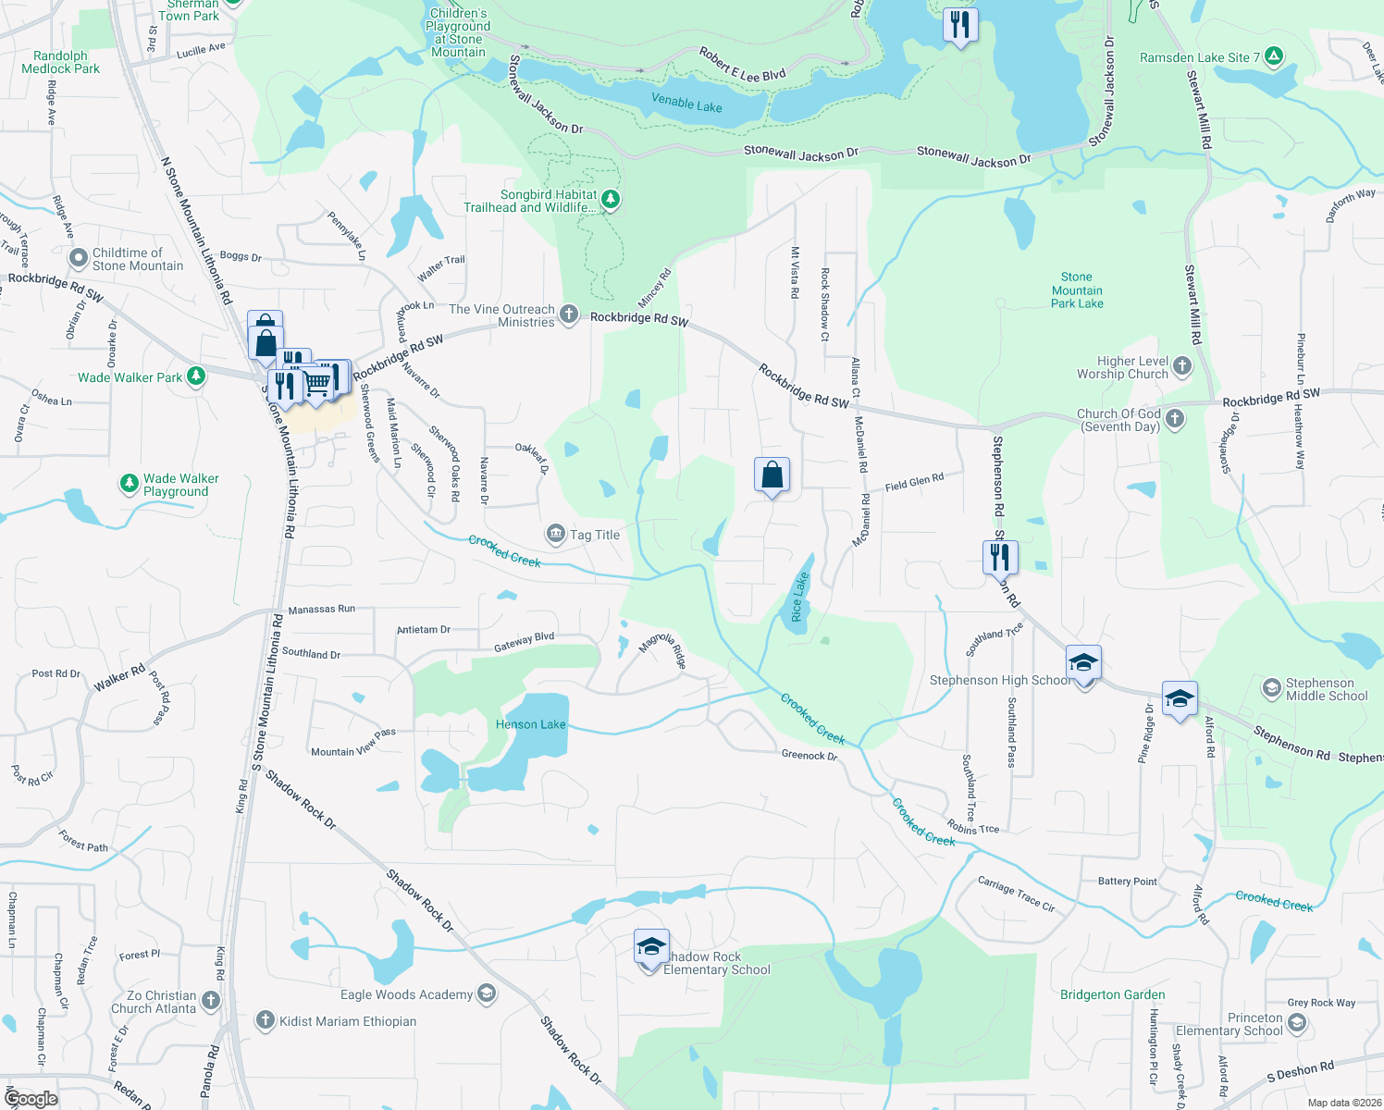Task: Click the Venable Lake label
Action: pos(686,102)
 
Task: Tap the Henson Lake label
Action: pos(530,724)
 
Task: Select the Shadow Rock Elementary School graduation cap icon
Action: pos(651,947)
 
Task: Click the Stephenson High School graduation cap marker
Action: pos(1083,662)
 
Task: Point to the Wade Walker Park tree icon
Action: pos(195,376)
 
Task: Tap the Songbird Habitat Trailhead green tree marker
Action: pos(610,199)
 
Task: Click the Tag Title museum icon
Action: pos(556,534)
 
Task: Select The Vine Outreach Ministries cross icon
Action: pos(569,314)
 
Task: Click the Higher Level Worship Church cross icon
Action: pos(1182,366)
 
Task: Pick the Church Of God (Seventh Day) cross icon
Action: pos(1175,419)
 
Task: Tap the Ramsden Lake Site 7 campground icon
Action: pos(1274,56)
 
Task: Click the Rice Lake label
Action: pos(798,597)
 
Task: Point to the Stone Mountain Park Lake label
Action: pos(1077,290)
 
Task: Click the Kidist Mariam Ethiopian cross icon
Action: pos(266,1020)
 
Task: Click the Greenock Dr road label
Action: pos(809,756)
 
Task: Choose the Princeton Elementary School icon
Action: pos(1296,1022)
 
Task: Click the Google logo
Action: pos(31,1099)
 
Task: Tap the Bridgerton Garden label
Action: pos(1112,994)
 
